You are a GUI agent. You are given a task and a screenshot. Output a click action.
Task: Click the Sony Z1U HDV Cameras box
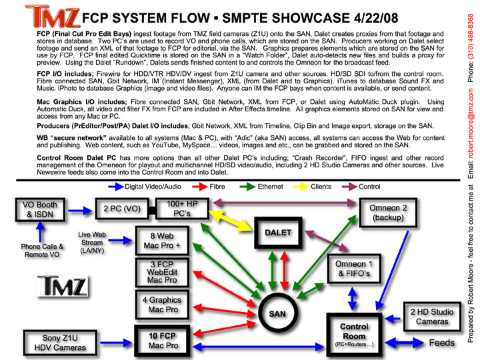[55, 341]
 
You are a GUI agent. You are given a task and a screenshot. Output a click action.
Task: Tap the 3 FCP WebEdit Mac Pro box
[163, 272]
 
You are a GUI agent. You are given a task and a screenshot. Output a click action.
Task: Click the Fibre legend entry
[215, 187]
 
